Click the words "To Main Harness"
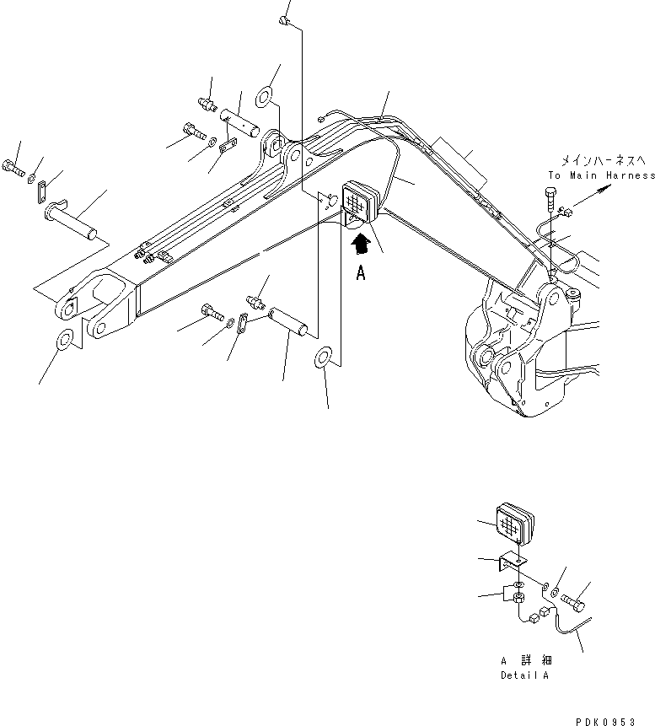pyautogui.click(x=600, y=175)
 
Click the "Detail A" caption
pyautogui.click(x=519, y=676)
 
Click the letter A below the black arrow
pyautogui.click(x=361, y=273)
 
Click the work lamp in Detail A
pyautogui.click(x=515, y=525)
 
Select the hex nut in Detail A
pyautogui.click(x=519, y=597)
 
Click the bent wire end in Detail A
pyautogui.click(x=571, y=625)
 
